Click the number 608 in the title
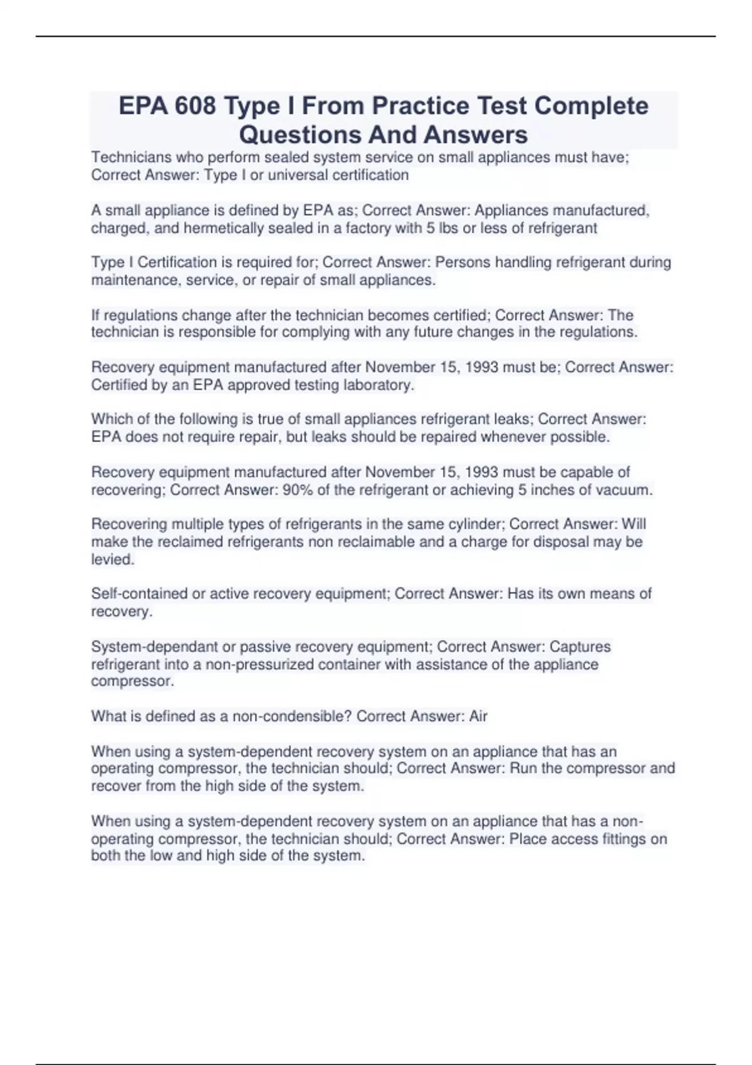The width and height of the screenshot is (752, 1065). tap(195, 106)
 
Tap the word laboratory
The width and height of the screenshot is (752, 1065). tap(379, 385)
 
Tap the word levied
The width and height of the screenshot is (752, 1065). tap(113, 559)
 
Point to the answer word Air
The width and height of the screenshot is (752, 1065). tap(478, 716)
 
